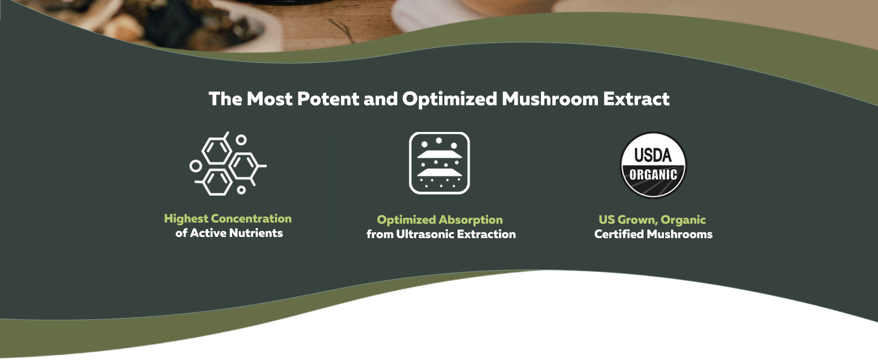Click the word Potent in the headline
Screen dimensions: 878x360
(x=328, y=99)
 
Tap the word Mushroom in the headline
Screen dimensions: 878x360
(x=550, y=99)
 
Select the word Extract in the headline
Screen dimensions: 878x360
(x=636, y=99)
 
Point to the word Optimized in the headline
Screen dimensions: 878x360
(x=450, y=100)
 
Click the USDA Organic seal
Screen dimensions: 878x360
(x=653, y=165)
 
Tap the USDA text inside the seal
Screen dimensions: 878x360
(x=653, y=155)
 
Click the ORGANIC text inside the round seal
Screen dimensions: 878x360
(x=653, y=175)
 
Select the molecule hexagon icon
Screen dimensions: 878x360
(x=228, y=164)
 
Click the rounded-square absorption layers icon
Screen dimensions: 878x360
(x=440, y=163)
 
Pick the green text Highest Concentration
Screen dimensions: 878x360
(x=228, y=219)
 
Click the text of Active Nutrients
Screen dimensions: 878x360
(x=229, y=233)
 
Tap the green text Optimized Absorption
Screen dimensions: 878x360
(x=440, y=220)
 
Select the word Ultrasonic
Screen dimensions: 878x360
(x=425, y=234)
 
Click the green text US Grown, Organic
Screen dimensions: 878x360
(x=653, y=220)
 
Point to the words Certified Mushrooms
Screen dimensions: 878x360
(x=654, y=234)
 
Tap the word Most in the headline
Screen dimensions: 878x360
(x=269, y=99)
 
